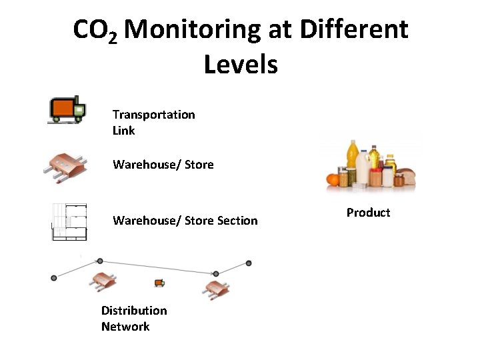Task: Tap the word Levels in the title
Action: [240, 65]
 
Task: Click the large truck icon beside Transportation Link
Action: [67, 109]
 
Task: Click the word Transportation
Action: [154, 115]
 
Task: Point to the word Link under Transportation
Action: [124, 131]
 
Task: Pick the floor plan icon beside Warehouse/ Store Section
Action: [69, 221]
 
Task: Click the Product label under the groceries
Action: [368, 213]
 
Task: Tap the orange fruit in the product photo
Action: [333, 179]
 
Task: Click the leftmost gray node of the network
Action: [54, 278]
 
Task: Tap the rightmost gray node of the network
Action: [249, 263]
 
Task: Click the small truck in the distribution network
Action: [159, 283]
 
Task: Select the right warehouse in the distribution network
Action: [217, 289]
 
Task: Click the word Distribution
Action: [134, 311]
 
